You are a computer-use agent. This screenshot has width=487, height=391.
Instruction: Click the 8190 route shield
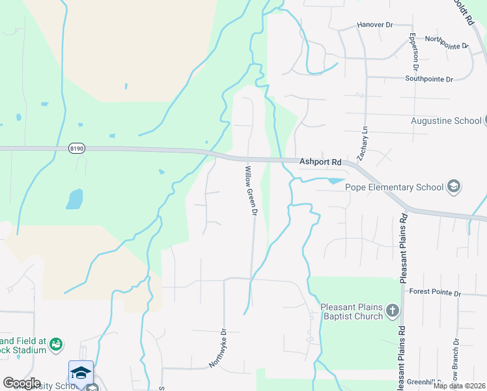pyautogui.click(x=76, y=149)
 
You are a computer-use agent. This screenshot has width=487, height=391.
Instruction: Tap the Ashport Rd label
pyautogui.click(x=320, y=162)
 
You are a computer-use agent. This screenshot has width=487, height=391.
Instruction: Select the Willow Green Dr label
pyautogui.click(x=251, y=190)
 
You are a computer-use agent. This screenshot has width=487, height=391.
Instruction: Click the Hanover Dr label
pyautogui.click(x=375, y=25)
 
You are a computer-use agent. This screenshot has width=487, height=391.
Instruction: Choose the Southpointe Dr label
pyautogui.click(x=428, y=79)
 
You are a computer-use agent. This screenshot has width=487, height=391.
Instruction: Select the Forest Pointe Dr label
pyautogui.click(x=434, y=293)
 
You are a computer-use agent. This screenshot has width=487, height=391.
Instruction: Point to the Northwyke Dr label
pyautogui.click(x=217, y=348)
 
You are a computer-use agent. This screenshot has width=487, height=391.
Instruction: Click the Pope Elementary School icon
pyautogui.click(x=453, y=187)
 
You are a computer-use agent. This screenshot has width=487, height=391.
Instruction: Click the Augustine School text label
pyautogui.click(x=445, y=121)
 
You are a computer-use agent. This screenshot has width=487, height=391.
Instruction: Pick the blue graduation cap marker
pyautogui.click(x=81, y=372)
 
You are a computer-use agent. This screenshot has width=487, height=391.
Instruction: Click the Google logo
pyautogui.click(x=21, y=383)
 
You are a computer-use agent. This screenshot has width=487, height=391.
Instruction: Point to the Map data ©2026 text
pyautogui.click(x=460, y=386)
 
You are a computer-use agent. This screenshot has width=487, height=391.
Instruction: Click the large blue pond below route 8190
pyautogui.click(x=74, y=199)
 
